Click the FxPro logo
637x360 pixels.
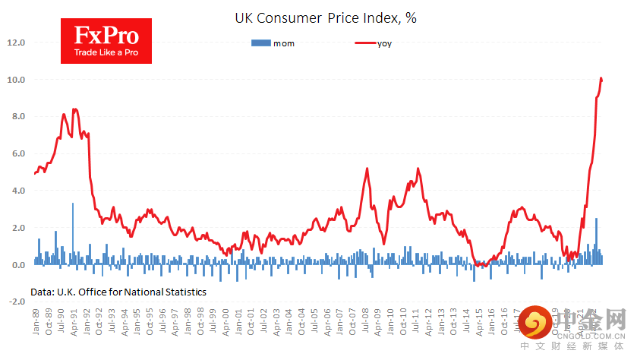coord(105,42)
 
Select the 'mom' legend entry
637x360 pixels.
coord(273,43)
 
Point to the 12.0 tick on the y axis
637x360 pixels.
coord(17,43)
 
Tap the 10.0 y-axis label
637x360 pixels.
coord(17,80)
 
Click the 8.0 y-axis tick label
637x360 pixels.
coord(18,117)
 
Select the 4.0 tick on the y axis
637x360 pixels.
coord(18,191)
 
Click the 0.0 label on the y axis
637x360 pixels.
coord(18,265)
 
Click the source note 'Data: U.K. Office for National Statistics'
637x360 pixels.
coord(118,291)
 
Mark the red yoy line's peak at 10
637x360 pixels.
coord(601,78)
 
